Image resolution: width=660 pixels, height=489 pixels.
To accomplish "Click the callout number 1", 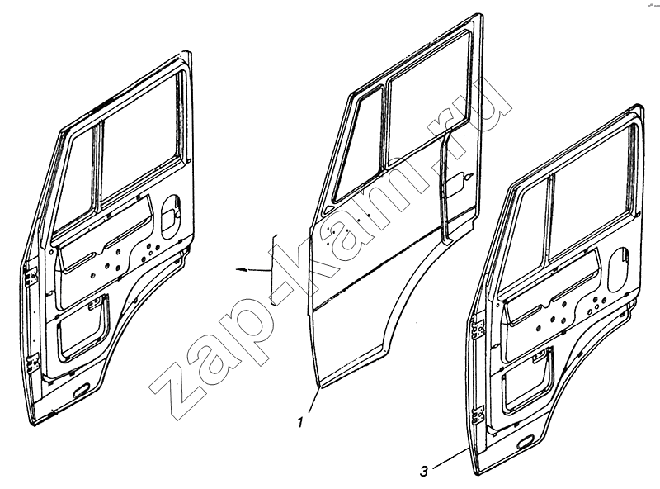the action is [x=300, y=422].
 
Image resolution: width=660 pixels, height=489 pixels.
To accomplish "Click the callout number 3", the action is [x=423, y=471].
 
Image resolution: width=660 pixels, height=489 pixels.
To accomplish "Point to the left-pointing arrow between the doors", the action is [x=252, y=270].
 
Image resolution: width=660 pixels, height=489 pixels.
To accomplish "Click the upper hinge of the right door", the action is [x=478, y=330].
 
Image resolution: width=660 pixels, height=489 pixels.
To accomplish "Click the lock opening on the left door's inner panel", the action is [x=172, y=215].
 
